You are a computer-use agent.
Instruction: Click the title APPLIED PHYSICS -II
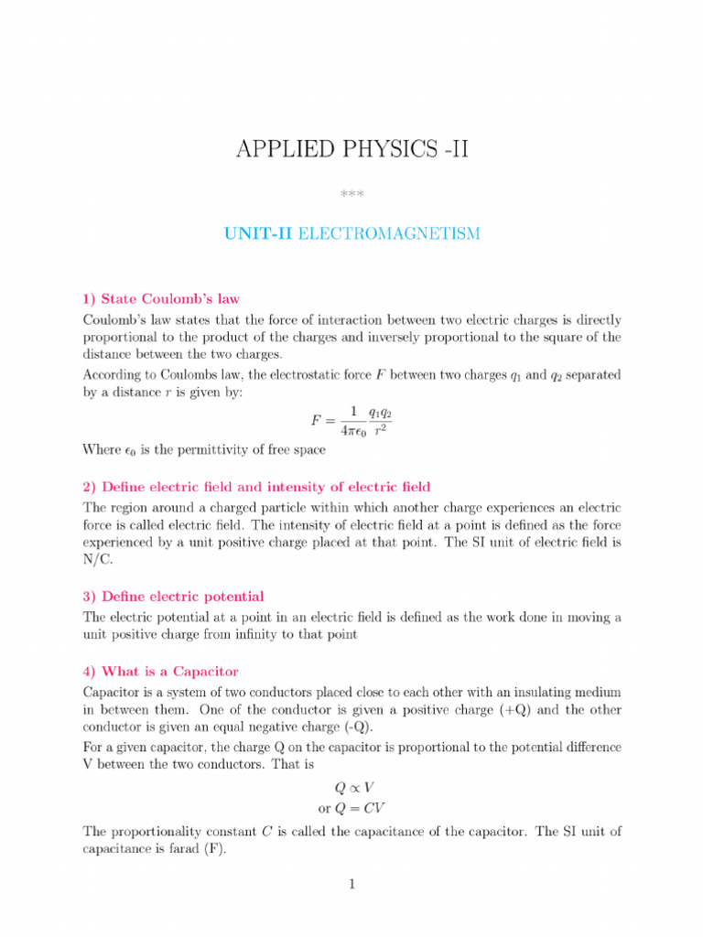pos(351,149)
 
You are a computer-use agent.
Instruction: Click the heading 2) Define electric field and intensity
pos(256,486)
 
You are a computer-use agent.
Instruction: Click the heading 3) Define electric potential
pos(173,597)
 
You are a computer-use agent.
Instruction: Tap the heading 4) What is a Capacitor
pos(160,671)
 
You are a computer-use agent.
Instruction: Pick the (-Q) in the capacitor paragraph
pos(356,727)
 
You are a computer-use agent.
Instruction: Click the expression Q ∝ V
pos(351,787)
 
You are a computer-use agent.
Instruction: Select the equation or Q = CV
pos(351,808)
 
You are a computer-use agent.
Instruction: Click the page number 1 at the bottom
pos(351,884)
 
